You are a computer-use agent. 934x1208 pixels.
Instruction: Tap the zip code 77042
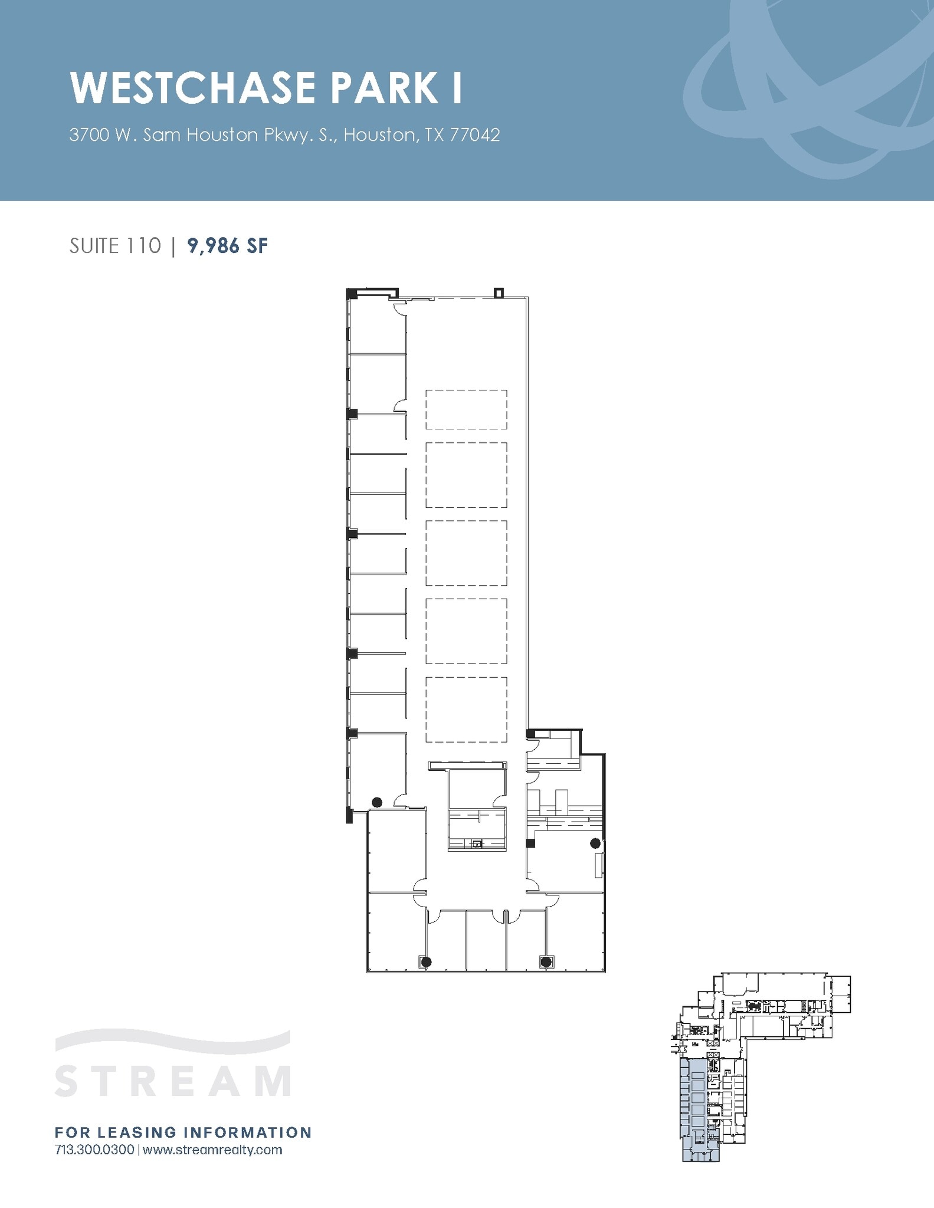(475, 135)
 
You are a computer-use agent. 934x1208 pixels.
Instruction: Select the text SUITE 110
(115, 246)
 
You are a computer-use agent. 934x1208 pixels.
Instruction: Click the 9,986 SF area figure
(227, 246)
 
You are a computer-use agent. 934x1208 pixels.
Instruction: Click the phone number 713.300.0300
(94, 1150)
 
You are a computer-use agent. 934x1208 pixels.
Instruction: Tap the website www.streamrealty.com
(212, 1150)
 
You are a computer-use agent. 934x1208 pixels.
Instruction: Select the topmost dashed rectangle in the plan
(466, 409)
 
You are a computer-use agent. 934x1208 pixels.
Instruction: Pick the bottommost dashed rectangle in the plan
(466, 709)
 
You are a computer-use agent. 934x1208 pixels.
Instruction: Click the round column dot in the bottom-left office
(426, 962)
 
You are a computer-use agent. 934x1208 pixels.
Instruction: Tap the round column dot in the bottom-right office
(546, 962)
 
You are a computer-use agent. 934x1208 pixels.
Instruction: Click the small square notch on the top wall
(499, 292)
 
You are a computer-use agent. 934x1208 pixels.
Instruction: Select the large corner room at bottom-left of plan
(395, 932)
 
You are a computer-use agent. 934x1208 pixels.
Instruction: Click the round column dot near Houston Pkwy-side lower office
(377, 802)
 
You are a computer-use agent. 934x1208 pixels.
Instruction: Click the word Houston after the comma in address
(379, 135)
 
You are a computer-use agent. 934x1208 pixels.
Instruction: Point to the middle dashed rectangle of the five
(466, 553)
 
